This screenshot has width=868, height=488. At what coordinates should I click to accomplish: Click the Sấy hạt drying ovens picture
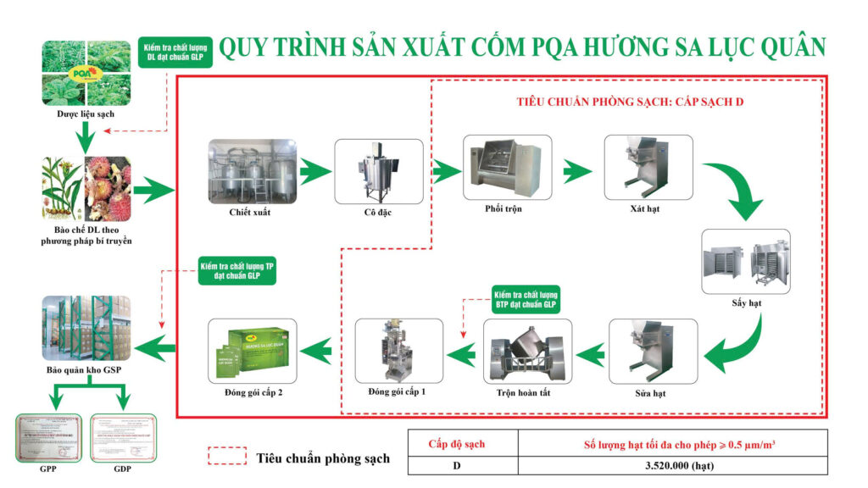coord(746,261)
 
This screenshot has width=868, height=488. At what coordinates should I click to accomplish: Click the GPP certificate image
coord(48,438)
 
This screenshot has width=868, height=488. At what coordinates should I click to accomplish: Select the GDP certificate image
coord(124,438)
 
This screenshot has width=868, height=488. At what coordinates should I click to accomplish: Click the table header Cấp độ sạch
coord(463,443)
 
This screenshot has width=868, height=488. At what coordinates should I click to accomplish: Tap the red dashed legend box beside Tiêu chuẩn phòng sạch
coord(226,457)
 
